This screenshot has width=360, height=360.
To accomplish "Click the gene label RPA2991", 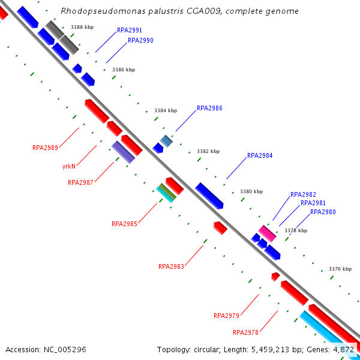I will [130, 29].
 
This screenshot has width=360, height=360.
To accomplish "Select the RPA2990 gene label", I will [140, 41].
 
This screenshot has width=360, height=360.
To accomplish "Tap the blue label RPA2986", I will [209, 109].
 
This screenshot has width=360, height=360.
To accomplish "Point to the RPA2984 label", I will [260, 156].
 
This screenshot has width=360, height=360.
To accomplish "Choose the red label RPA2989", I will [45, 148].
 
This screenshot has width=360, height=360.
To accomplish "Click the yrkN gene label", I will [68, 166].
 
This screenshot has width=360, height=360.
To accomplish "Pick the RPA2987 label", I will [80, 182].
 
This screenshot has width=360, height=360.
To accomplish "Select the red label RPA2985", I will [124, 224].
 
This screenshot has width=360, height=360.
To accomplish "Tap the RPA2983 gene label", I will [171, 266].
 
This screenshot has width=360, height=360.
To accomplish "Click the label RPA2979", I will [226, 316].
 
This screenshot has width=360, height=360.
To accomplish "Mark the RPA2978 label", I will [245, 332].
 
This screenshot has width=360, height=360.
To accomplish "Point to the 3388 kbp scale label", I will [82, 27].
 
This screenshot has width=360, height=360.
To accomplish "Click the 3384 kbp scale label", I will [166, 110].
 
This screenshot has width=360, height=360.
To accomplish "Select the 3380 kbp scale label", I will [251, 192].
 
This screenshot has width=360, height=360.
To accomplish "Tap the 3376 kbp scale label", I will [340, 269].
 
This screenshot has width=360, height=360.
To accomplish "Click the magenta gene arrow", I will [267, 233].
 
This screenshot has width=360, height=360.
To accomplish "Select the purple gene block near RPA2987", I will [123, 152].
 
